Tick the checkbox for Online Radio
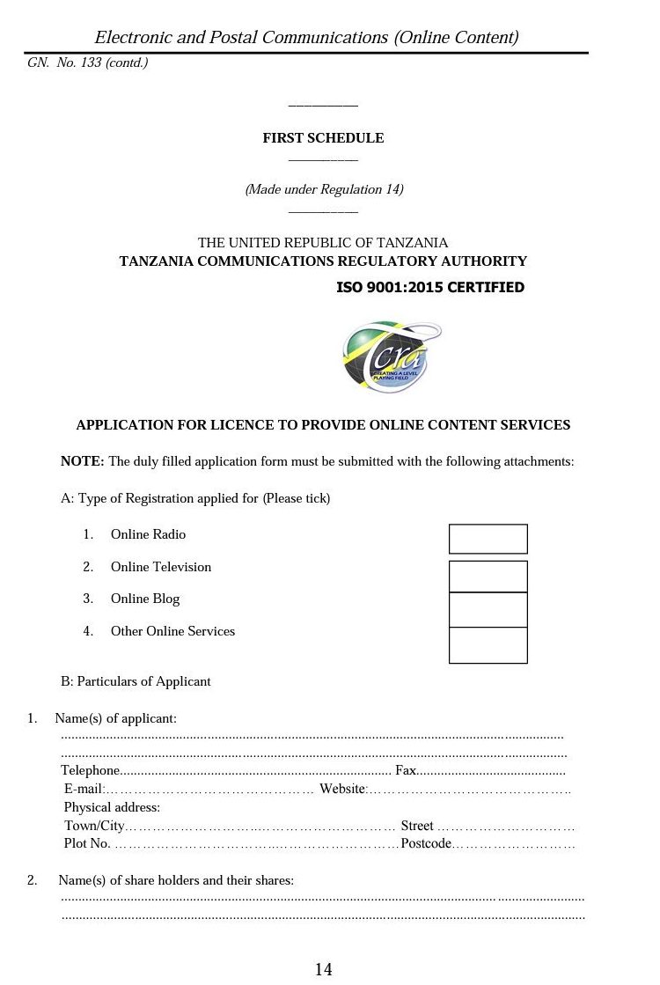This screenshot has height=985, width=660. click(488, 539)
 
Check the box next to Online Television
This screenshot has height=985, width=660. click(488, 577)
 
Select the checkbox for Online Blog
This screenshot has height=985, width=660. click(488, 610)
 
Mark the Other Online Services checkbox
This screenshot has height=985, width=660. click(488, 645)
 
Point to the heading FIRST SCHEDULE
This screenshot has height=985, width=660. click(323, 138)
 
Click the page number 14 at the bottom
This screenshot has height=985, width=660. click(323, 969)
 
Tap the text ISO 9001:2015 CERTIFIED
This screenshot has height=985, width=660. click(430, 288)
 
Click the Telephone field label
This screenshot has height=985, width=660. click(89, 770)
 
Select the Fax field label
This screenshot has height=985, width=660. click(406, 770)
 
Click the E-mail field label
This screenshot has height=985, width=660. click(84, 789)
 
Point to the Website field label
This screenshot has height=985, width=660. click(341, 789)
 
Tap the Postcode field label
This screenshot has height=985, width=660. click(426, 844)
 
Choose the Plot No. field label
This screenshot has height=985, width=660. click(87, 844)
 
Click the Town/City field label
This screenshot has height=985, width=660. click(94, 826)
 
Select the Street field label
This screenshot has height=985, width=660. click(417, 826)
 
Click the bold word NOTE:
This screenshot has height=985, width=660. click(83, 461)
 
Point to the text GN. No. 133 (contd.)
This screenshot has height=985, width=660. click(87, 63)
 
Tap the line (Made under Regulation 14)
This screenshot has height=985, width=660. click(324, 189)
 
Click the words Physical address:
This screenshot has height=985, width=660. click(112, 807)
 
